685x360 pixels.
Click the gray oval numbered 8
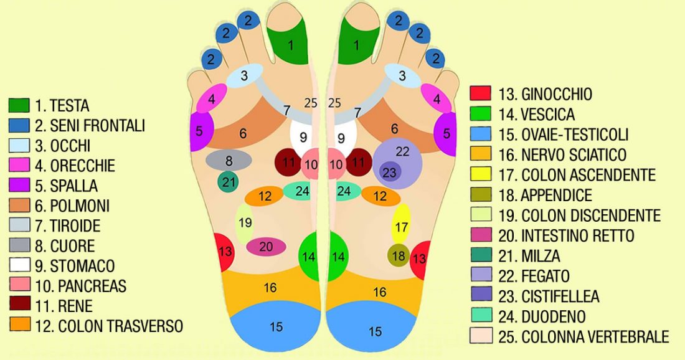[229, 160]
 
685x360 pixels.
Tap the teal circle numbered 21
[229, 182]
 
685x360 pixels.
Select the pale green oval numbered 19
[245, 223]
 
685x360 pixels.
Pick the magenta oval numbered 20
[266, 247]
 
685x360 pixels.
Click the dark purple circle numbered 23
[390, 173]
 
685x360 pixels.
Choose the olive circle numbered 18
[399, 255]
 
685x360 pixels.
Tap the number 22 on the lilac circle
[402, 151]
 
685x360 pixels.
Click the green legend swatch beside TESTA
[19, 105]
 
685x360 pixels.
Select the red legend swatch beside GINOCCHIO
[480, 94]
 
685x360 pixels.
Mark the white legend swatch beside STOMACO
[19, 265]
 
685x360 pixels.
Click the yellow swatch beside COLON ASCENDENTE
[480, 174]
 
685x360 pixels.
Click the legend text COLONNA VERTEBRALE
[583, 337]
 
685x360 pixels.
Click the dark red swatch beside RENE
[19, 305]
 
